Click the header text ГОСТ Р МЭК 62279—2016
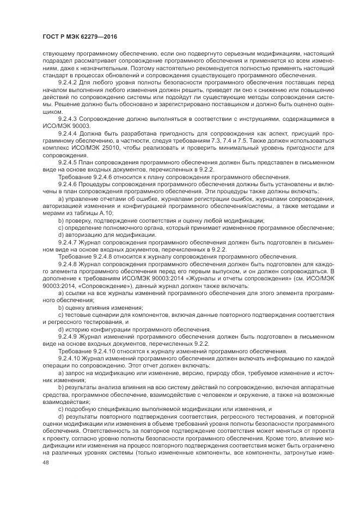click(80, 37)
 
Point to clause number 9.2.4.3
click(69, 118)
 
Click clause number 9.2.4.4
click(69, 133)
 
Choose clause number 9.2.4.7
click(69, 241)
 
